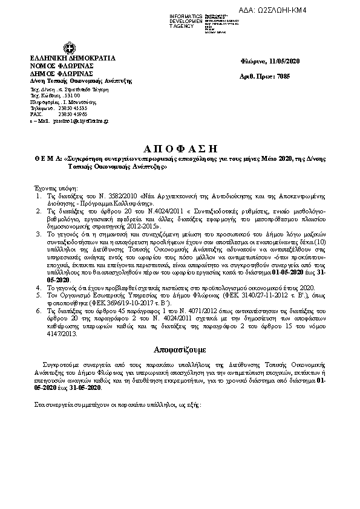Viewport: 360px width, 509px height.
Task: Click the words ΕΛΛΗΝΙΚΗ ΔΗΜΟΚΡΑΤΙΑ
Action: (x=73, y=58)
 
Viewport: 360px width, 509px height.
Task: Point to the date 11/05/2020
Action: (x=285, y=62)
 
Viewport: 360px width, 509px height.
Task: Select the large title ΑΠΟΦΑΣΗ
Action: (x=179, y=149)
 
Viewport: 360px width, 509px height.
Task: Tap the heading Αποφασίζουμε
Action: (x=180, y=349)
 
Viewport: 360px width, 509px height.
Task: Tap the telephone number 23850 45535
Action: (x=73, y=108)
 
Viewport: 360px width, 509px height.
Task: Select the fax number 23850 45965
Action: (x=73, y=114)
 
